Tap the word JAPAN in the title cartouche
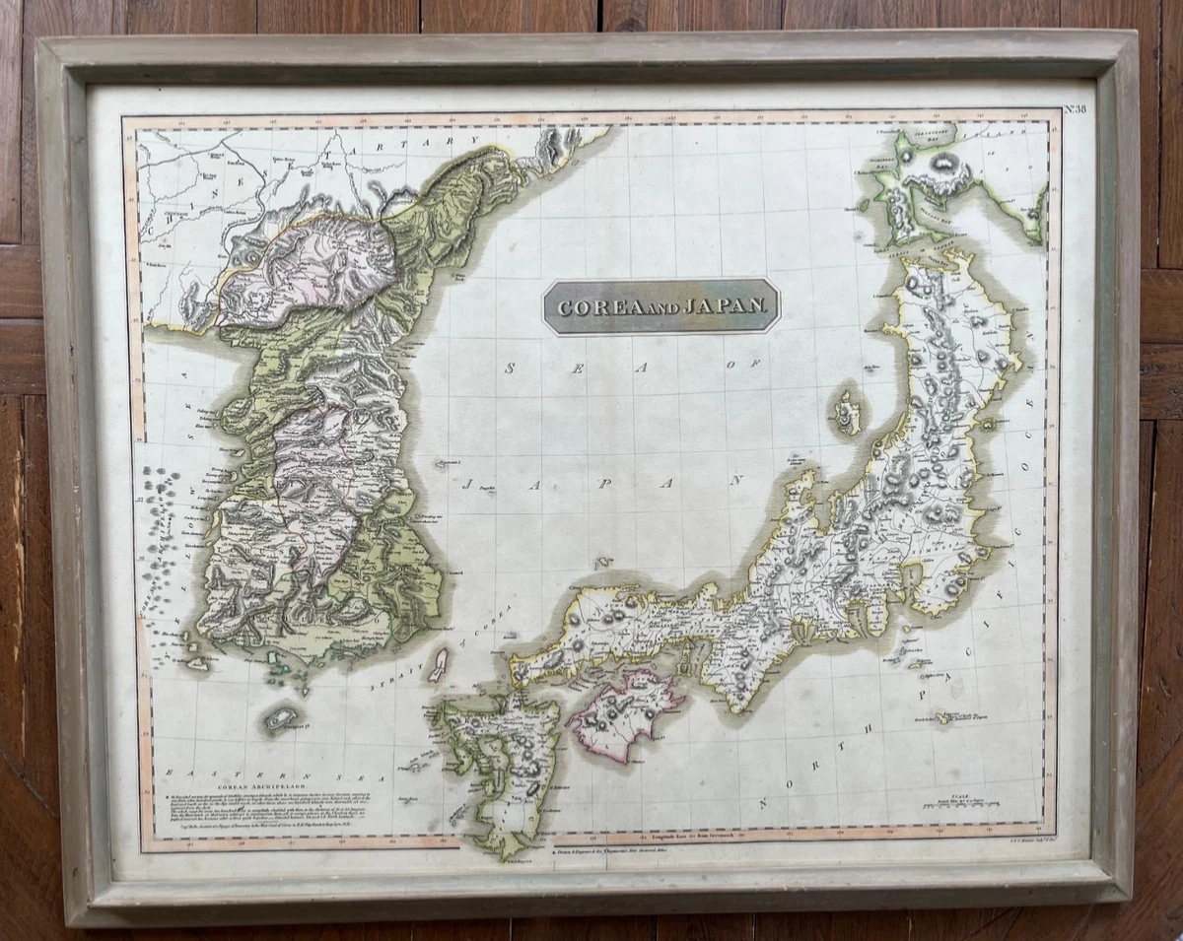tap(721, 307)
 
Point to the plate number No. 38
tap(1076, 108)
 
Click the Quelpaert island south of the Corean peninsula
tap(280, 718)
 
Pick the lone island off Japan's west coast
tap(846, 412)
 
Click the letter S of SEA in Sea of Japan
tap(511, 369)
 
